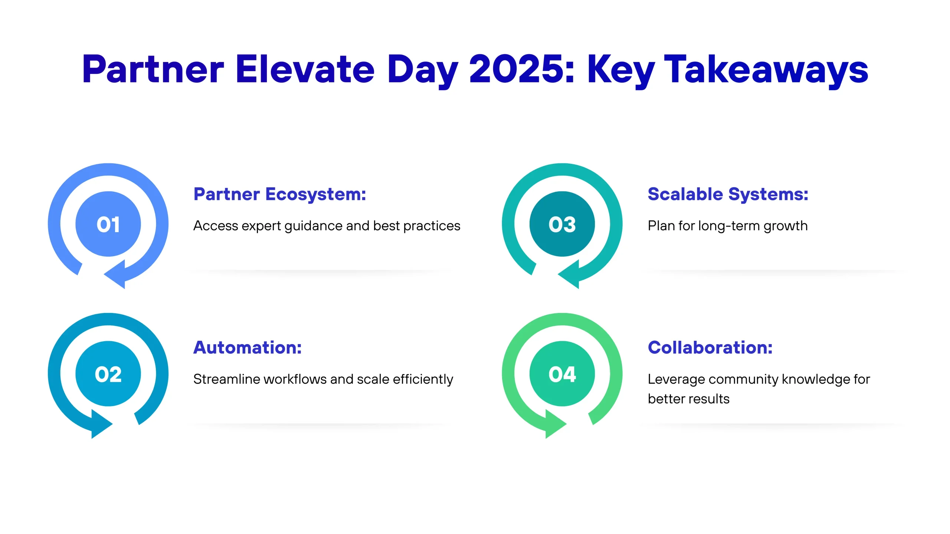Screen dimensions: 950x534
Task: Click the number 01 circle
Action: coord(108,224)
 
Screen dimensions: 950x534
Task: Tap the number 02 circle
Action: coord(108,374)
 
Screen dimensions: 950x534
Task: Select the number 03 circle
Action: coord(562,224)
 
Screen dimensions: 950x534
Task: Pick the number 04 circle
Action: coord(562,374)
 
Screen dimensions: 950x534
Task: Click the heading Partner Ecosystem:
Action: coord(280,194)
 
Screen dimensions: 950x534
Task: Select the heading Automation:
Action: coord(248,347)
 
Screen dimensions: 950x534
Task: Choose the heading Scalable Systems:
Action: coord(728,194)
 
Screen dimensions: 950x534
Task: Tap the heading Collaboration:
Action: coord(710,347)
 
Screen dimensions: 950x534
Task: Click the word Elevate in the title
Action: coord(305,69)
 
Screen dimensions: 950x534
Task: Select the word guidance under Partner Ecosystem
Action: coord(313,226)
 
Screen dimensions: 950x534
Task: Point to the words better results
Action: coord(689,399)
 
